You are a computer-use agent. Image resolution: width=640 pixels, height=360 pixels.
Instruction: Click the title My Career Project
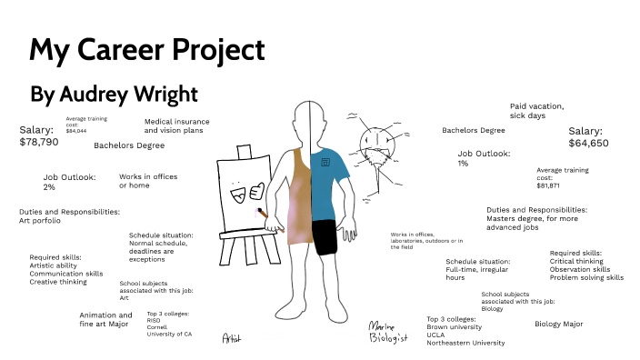click(x=147, y=49)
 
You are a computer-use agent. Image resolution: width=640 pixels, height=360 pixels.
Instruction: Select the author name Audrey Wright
click(x=115, y=94)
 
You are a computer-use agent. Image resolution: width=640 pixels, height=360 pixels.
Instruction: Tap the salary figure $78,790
click(x=38, y=142)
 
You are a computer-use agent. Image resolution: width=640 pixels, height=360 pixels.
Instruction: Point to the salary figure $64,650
click(x=588, y=144)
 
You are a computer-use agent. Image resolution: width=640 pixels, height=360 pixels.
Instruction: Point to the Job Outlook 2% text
click(x=62, y=182)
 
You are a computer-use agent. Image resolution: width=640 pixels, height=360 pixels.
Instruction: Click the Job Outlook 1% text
click(x=484, y=158)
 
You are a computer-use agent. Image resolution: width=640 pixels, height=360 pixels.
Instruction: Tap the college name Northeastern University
click(x=465, y=343)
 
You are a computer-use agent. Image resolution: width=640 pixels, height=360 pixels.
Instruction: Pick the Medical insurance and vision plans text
click(x=176, y=125)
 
